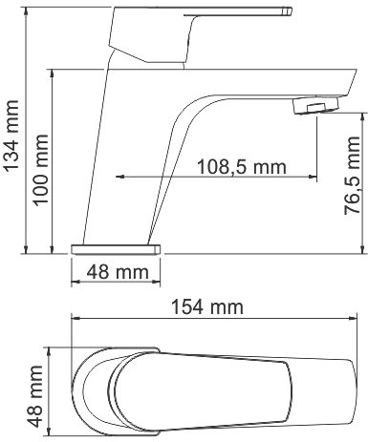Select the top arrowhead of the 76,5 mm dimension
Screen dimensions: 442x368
pyautogui.click(x=360, y=114)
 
